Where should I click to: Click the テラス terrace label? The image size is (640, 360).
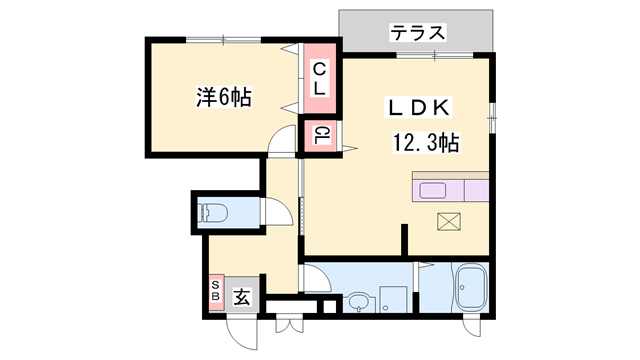pyautogui.click(x=417, y=33)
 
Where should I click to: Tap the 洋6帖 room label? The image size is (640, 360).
pyautogui.click(x=222, y=97)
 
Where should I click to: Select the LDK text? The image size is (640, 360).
pyautogui.click(x=420, y=107)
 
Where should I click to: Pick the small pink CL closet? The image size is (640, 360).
pyautogui.click(x=320, y=135)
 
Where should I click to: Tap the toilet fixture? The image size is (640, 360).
pyautogui.click(x=212, y=212)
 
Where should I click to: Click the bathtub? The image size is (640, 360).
pyautogui.click(x=467, y=290)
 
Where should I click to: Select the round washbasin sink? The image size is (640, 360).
pyautogui.click(x=359, y=299)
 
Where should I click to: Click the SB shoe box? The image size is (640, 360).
pyautogui.click(x=215, y=293)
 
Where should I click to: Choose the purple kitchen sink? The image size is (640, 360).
pyautogui.click(x=435, y=191)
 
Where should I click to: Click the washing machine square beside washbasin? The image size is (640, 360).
pyautogui.click(x=395, y=299)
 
